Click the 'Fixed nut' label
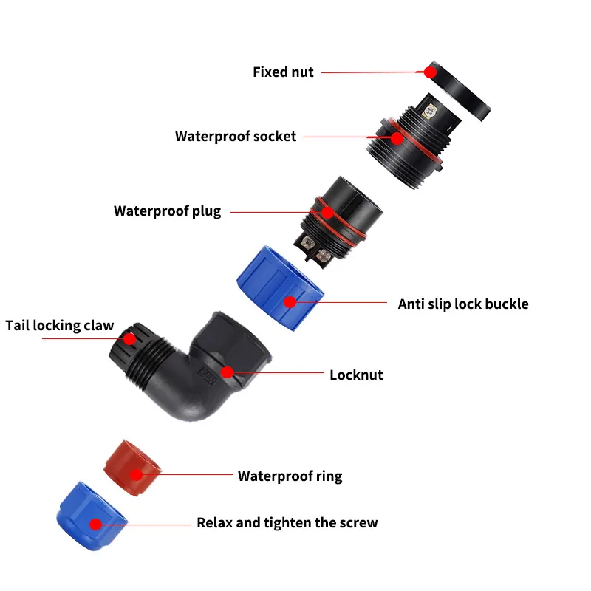283,72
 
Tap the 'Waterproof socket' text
235,137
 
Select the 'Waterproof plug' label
167,211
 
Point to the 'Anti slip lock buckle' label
463,304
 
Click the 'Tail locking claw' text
60,326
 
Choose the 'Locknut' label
356,375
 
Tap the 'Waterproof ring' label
290,476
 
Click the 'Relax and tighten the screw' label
287,523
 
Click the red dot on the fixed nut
430,72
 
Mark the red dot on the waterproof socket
397,137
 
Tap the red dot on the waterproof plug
327,212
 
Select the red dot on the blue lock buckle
290,301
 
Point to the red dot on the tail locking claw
130,339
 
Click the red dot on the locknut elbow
228,372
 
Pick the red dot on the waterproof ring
137,475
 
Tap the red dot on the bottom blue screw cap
95,524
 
